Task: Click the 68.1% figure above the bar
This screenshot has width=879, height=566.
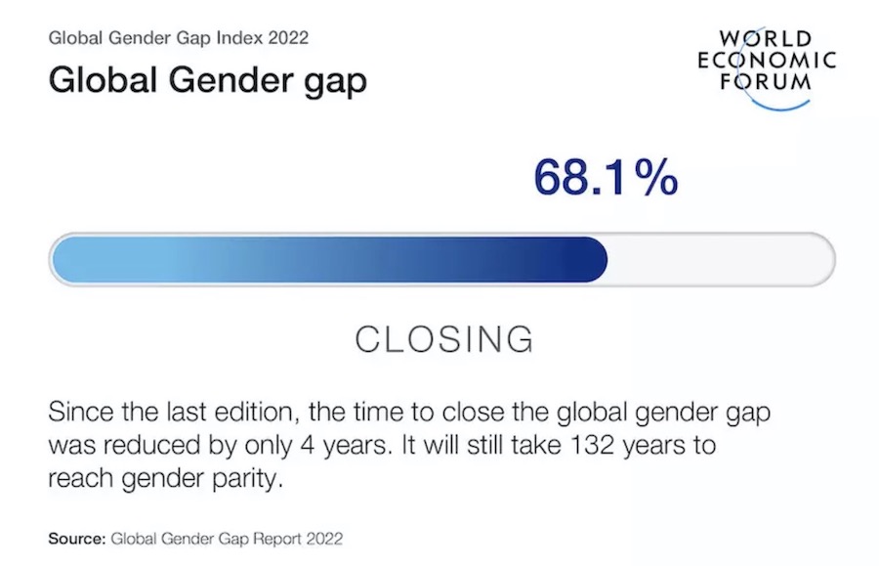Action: click(x=606, y=177)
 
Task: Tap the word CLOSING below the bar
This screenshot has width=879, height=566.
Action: click(x=444, y=339)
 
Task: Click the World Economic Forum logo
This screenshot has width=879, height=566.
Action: click(x=767, y=67)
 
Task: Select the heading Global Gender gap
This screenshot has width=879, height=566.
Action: click(x=207, y=79)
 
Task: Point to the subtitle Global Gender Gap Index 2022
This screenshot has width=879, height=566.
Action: click(x=179, y=37)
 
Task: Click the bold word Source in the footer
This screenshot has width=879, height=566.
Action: click(x=77, y=539)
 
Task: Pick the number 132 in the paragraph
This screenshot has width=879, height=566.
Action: click(x=593, y=445)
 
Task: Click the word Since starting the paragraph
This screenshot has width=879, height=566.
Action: click(x=81, y=412)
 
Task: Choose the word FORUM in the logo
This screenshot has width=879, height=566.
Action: click(x=766, y=82)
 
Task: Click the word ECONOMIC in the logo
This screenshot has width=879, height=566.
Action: click(x=767, y=60)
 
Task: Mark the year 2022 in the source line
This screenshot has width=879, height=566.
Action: click(x=324, y=539)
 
